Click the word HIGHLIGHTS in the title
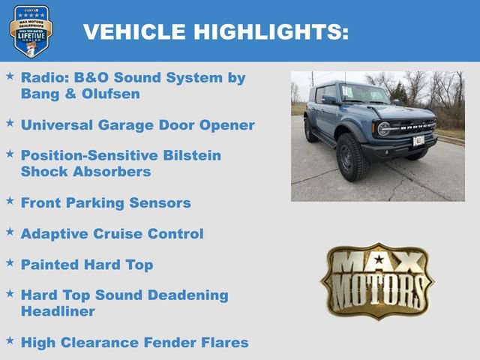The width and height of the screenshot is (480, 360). pyautogui.click(x=271, y=31)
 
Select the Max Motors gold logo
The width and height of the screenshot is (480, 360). pyautogui.click(x=377, y=280)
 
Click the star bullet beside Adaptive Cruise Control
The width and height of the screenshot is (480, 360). pyautogui.click(x=10, y=232)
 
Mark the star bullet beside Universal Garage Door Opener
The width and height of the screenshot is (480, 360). pyautogui.click(x=10, y=122)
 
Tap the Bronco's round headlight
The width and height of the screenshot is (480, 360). pyautogui.click(x=384, y=129)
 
